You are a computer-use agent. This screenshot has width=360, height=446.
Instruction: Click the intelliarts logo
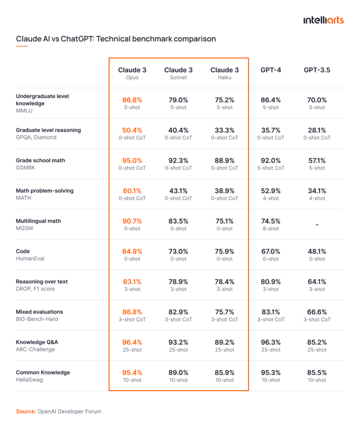(323, 20)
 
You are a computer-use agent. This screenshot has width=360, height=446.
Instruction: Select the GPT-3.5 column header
(317, 70)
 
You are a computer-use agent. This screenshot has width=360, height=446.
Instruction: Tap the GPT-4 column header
(271, 70)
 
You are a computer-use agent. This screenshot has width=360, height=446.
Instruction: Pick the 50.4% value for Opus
(132, 130)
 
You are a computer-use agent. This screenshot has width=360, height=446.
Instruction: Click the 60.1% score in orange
(132, 191)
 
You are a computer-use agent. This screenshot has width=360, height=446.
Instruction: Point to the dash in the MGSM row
(317, 225)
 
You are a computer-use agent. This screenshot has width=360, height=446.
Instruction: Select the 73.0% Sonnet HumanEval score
(178, 251)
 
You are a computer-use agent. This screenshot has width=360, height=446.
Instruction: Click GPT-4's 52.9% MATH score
(271, 191)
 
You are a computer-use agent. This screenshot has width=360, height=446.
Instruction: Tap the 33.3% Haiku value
(225, 130)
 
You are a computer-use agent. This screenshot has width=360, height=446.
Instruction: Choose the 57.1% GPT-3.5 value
(317, 160)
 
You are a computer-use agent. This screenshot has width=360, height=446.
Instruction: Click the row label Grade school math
(40, 160)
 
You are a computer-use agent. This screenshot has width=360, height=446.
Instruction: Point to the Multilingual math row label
(38, 221)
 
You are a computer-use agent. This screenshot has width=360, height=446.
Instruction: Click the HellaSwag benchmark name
(29, 379)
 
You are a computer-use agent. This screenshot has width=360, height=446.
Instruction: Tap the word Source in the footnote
(26, 411)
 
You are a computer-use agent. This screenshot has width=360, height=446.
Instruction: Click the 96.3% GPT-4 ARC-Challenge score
(271, 342)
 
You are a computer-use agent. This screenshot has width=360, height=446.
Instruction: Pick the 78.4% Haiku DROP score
(225, 282)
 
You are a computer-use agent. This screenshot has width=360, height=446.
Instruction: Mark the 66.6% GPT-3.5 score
(317, 312)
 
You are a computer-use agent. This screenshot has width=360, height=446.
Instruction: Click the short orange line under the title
(22, 46)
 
